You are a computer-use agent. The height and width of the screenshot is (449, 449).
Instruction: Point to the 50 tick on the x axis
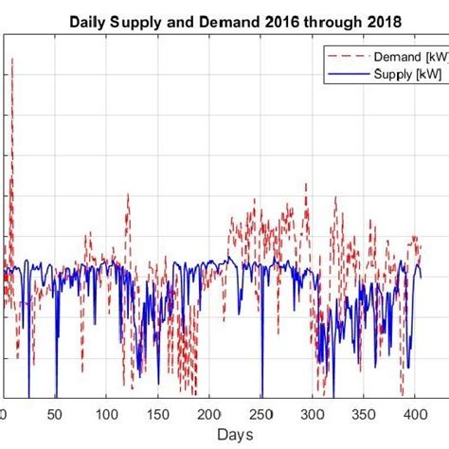pos(56,414)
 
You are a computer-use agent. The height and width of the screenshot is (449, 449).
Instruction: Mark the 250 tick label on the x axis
pos(261,414)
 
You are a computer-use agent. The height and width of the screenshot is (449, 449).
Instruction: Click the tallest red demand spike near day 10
pos(12,60)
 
